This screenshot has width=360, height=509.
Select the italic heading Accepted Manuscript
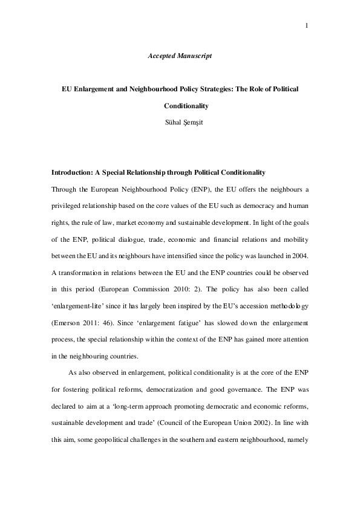[180, 56]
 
